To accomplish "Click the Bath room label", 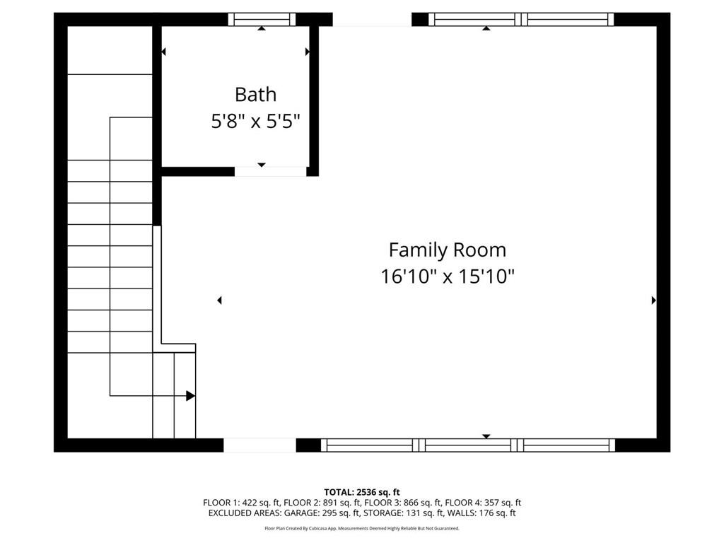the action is tap(255, 95).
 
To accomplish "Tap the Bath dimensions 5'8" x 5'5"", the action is tap(255, 122).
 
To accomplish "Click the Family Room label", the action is tap(448, 250).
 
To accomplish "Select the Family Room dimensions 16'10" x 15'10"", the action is tap(448, 276).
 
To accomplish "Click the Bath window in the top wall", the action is tap(262, 19).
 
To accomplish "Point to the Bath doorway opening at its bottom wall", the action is tap(271, 171).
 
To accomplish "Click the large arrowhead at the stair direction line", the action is tap(190, 396).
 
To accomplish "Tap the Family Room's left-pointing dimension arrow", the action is tap(219, 300).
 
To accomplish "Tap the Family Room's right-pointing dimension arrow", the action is tap(653, 300).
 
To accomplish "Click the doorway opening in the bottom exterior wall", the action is tap(260, 445).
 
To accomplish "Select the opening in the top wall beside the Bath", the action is tap(372, 19).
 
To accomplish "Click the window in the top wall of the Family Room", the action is tap(521, 19).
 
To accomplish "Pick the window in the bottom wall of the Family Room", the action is tap(468, 445).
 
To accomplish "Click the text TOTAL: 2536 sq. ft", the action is tap(362, 492).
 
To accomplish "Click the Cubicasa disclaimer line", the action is tap(362, 528).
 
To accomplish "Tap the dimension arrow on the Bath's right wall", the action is tap(308, 52).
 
